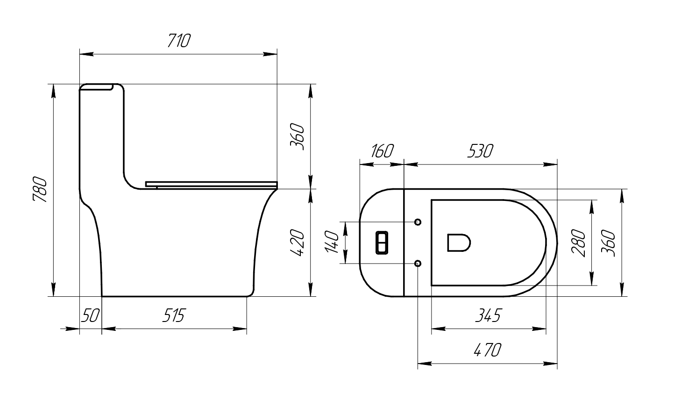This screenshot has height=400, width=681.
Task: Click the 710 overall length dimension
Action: tap(179, 41)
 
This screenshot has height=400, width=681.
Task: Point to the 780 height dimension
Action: tap(40, 190)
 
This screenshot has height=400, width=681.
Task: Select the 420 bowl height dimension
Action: tap(297, 243)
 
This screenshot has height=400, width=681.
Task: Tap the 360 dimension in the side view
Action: tap(297, 136)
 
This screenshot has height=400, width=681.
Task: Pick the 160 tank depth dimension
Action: tap(382, 151)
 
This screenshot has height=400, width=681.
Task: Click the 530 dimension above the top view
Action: tap(480, 151)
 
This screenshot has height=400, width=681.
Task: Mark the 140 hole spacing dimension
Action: tap(332, 242)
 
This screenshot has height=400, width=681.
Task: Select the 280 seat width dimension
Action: tap(578, 243)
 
